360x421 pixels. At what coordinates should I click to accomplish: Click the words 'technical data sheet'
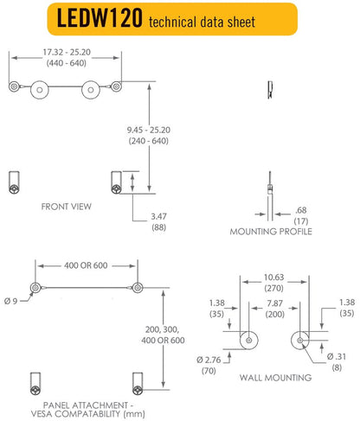[202, 22]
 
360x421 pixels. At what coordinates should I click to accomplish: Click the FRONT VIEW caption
[66, 207]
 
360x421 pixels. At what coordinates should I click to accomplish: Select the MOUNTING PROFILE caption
[271, 232]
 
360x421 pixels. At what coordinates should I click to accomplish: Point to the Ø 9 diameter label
[12, 300]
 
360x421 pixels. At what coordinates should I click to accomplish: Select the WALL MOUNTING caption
[274, 379]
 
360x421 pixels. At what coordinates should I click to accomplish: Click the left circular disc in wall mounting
[249, 340]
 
